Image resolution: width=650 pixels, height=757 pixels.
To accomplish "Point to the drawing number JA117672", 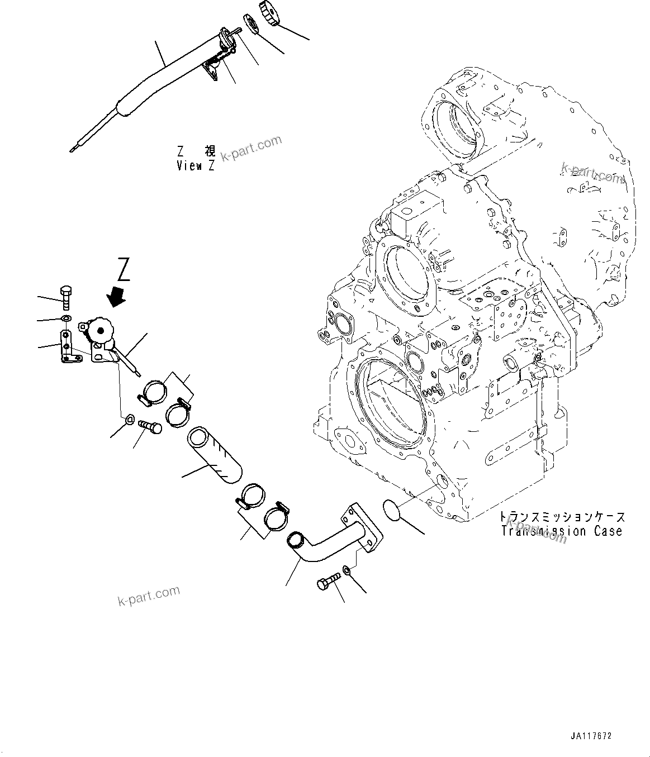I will [x=591, y=736].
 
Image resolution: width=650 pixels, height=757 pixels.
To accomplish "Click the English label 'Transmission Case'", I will [x=562, y=531].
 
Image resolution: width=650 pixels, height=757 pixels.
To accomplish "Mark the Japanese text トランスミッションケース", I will [x=562, y=517].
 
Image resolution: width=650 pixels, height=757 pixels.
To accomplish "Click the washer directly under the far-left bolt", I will [x=65, y=318].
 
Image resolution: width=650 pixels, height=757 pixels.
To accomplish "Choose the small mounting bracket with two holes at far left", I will [x=67, y=346].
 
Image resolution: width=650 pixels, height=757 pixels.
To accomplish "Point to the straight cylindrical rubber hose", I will [x=215, y=455].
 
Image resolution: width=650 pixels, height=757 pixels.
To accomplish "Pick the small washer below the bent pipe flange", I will [x=347, y=570].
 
